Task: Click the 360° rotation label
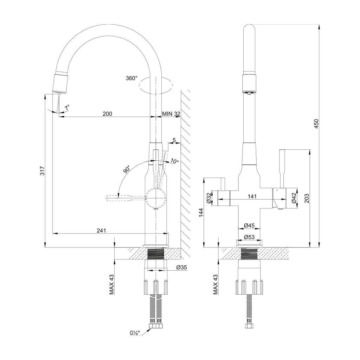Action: (x=131, y=78)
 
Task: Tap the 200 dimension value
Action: (x=108, y=114)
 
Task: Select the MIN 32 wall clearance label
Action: (x=171, y=114)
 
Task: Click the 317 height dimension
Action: (x=43, y=171)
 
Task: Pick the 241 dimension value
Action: (x=101, y=230)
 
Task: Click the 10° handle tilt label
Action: (x=175, y=161)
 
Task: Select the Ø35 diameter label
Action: (x=181, y=267)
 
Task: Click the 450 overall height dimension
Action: (x=316, y=123)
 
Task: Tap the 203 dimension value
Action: (x=307, y=198)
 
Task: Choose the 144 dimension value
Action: (x=201, y=213)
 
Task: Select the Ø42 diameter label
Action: (x=294, y=198)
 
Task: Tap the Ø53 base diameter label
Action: (x=249, y=237)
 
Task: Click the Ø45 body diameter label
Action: (x=249, y=225)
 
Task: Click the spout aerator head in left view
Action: (x=60, y=84)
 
